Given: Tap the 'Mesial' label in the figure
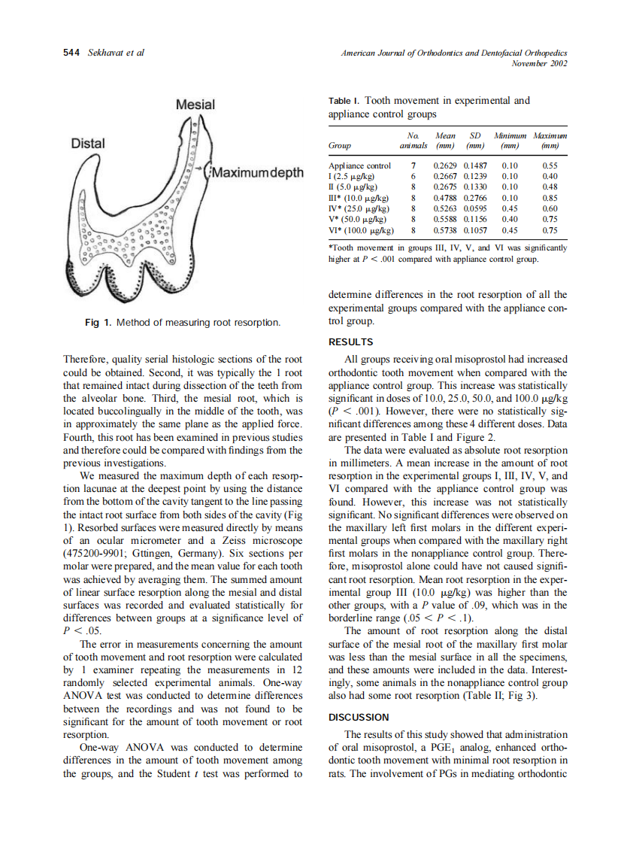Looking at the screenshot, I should [x=195, y=105].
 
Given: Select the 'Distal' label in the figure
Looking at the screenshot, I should [x=88, y=143].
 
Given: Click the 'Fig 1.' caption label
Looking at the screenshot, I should [x=98, y=323].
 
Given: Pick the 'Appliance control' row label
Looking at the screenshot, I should [x=359, y=165].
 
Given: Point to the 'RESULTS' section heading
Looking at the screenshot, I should [x=350, y=342].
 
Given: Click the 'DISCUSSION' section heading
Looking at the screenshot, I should [x=359, y=717].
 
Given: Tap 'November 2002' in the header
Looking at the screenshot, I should [x=538, y=63].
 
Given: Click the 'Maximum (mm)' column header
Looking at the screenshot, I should [x=550, y=140].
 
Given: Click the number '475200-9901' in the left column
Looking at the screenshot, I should [x=92, y=555].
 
